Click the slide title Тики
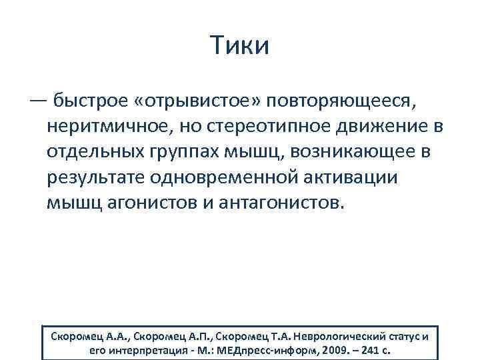tap(239, 46)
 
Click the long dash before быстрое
tap(38, 99)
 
